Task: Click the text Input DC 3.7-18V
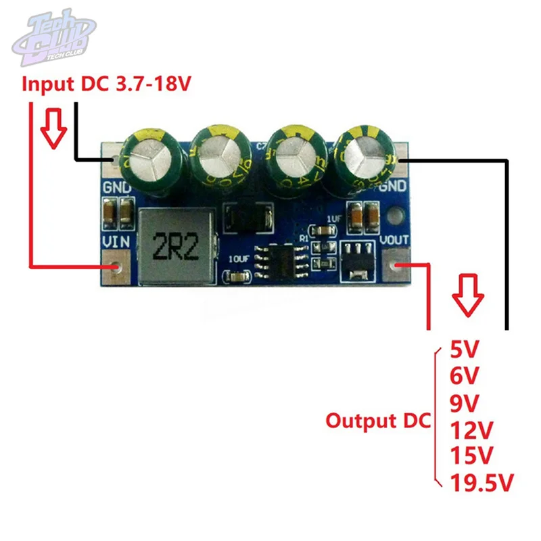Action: tap(108, 85)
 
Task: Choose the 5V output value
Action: tap(464, 350)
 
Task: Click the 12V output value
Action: tap(471, 429)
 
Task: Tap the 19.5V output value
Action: tap(481, 482)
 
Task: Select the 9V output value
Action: tap(465, 402)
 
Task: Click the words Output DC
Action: tap(377, 421)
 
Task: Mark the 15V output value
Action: tap(471, 455)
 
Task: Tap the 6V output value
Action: tap(465, 376)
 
